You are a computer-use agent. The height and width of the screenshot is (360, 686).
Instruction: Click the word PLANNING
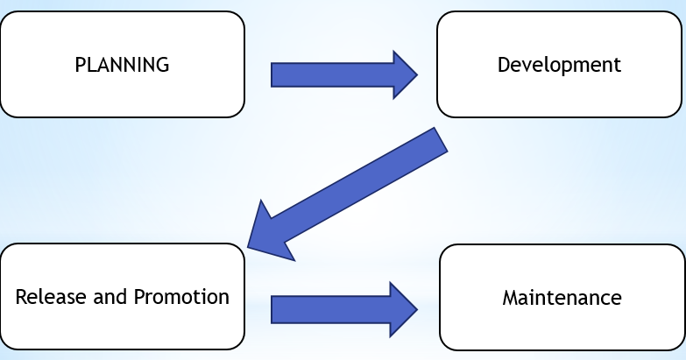pos(122,65)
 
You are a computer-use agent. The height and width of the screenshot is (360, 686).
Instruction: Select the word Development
pos(559,65)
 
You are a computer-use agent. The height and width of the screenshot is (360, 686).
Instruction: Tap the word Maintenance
pos(562,298)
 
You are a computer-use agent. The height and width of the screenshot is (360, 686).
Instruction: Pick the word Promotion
pos(181,296)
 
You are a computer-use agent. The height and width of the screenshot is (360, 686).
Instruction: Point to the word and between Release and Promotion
pos(110,296)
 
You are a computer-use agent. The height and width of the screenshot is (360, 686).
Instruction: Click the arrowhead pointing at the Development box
pos(403,74)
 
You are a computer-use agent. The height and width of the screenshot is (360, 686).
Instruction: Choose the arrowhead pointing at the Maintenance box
pos(403,309)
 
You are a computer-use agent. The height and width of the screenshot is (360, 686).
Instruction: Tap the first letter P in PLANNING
pos(80,65)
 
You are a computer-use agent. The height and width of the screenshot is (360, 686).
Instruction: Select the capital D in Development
pos(503,65)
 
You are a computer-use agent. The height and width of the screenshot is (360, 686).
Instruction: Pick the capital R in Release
pos(21,296)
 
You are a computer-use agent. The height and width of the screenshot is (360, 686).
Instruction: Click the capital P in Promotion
pos(138,296)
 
